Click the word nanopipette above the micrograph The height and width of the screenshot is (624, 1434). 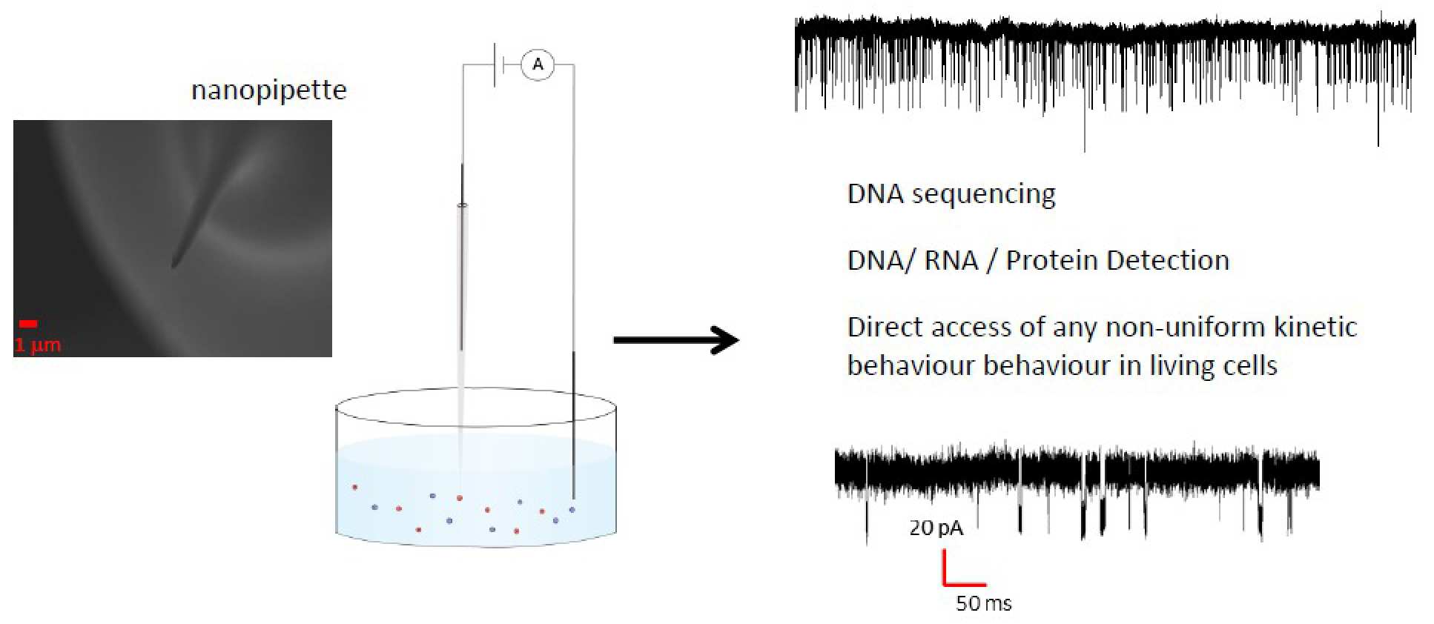tap(268, 90)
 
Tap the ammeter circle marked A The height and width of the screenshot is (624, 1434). tap(538, 65)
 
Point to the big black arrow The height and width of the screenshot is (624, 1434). tap(675, 340)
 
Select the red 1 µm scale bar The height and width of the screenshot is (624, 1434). tap(28, 323)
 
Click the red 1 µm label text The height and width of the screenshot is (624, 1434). tap(37, 345)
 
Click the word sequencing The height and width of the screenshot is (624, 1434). tap(983, 195)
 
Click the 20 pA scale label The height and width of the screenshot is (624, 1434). tap(936, 528)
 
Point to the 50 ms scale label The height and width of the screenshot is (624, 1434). tap(983, 603)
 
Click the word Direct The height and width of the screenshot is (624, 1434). tap(886, 327)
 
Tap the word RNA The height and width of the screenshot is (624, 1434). tap(951, 261)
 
